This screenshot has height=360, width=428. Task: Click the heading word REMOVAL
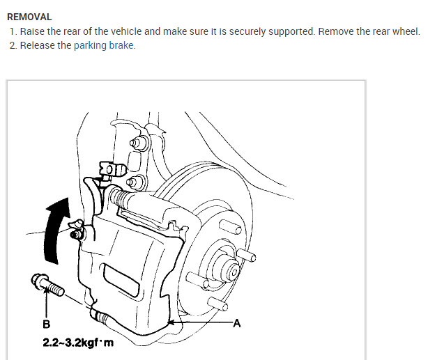point(29,16)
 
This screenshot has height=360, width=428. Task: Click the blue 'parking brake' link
point(104,46)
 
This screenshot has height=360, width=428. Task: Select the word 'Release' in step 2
point(38,46)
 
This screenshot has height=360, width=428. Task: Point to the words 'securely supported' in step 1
point(273,31)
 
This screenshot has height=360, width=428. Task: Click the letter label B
point(47,324)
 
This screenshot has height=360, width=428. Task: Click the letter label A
point(236,323)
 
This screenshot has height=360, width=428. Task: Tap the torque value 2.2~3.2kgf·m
point(77,342)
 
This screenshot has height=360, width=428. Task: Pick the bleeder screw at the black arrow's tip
point(75,231)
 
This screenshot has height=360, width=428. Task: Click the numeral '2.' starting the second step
point(13,46)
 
